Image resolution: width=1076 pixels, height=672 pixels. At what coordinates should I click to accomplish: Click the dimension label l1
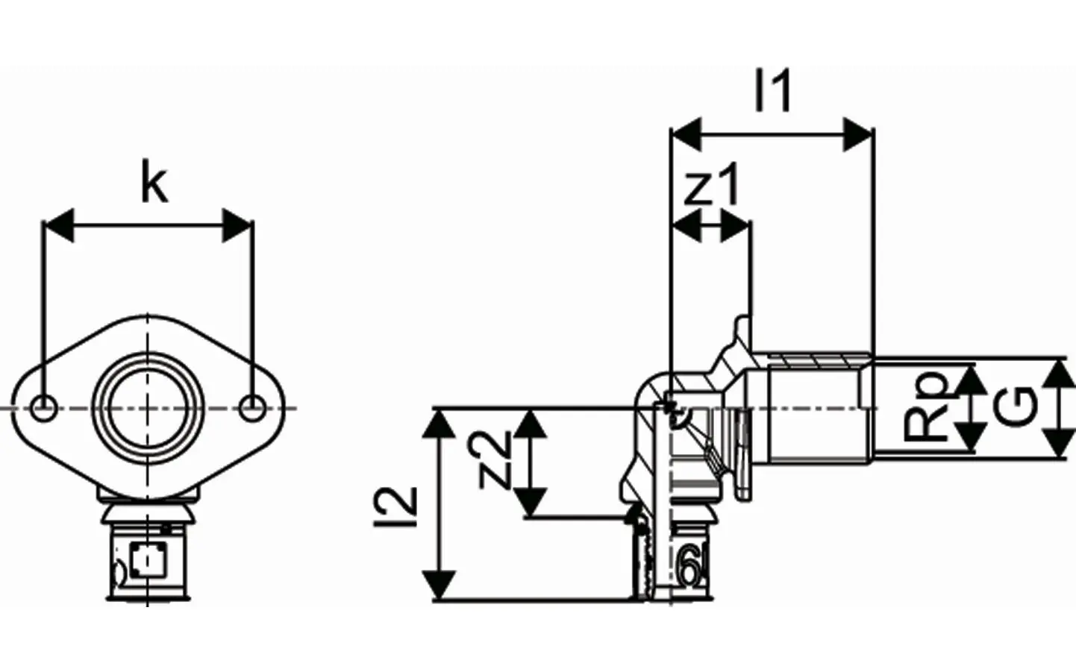773,90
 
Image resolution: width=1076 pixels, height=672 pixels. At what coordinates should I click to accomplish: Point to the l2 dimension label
395,507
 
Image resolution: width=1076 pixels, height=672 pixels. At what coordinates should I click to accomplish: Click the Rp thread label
925,407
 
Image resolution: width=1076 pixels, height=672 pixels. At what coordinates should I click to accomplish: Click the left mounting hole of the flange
44,409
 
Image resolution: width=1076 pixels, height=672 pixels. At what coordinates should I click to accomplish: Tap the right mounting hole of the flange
251,409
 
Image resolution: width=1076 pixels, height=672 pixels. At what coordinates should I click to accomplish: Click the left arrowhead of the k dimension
59,225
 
